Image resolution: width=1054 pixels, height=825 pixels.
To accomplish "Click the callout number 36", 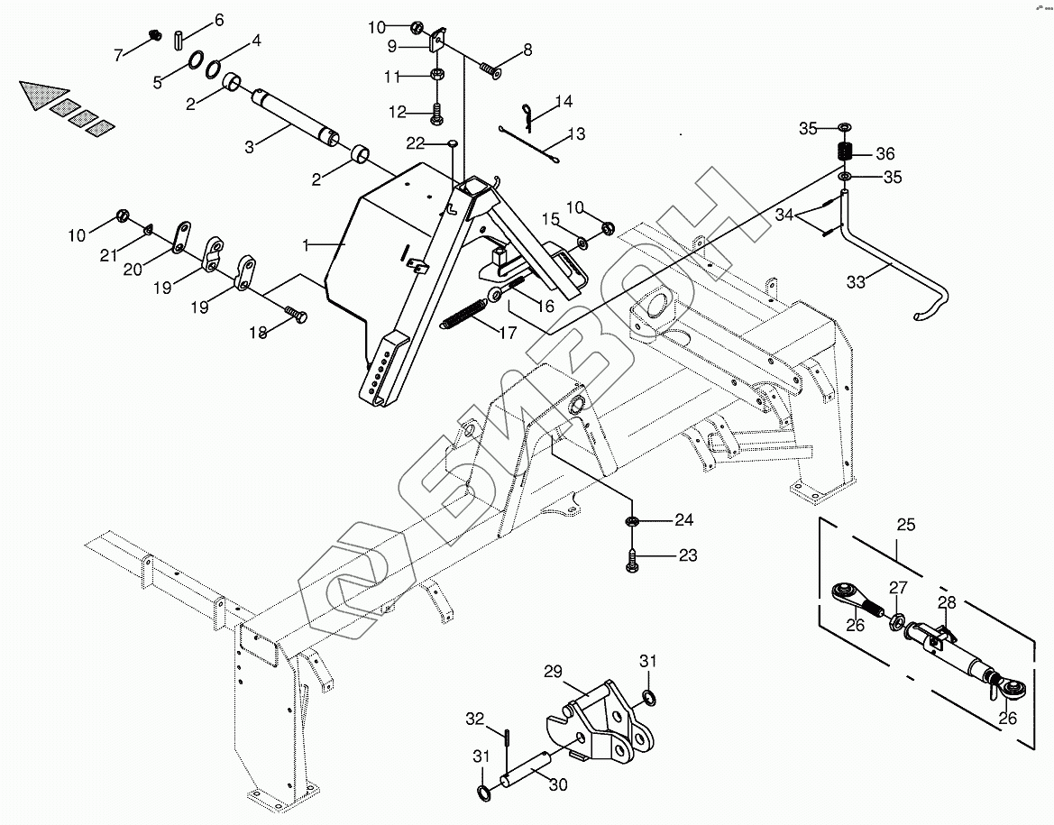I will [x=884, y=153].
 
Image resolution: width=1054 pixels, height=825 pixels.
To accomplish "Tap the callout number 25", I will [x=905, y=524].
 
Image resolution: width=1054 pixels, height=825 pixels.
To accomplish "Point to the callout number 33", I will [x=855, y=282].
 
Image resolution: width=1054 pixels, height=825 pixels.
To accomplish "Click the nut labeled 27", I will [x=898, y=622].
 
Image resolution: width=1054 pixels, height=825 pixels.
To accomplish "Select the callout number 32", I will [x=475, y=719].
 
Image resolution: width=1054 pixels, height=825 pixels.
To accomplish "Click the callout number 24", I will [x=684, y=519].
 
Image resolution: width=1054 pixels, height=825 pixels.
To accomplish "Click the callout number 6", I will [x=218, y=19].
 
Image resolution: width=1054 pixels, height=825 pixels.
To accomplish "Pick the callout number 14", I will [x=564, y=101].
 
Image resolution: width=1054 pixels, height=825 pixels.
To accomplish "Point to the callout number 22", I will [x=415, y=143].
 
